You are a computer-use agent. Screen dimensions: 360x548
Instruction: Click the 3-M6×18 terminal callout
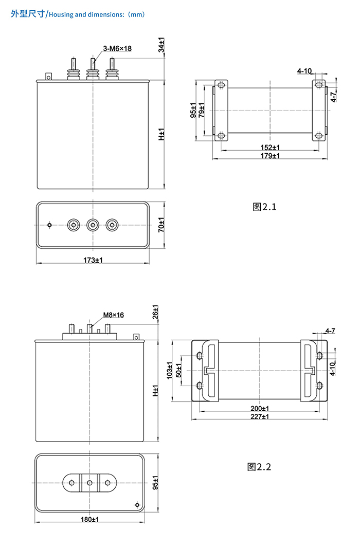117,48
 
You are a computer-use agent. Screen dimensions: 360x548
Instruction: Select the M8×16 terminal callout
114,315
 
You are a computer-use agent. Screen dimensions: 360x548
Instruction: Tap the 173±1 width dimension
93,260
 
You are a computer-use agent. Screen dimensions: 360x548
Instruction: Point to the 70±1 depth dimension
161,225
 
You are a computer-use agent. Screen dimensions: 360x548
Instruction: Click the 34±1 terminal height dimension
161,45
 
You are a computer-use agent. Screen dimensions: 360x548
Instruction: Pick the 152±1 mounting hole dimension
270,148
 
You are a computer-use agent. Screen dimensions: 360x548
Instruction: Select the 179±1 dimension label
270,156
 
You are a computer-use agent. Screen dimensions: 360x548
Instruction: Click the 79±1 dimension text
202,109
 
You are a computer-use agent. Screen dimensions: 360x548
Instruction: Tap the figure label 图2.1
264,207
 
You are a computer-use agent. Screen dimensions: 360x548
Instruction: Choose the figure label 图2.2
259,467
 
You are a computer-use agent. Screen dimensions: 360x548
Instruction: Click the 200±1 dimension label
260,409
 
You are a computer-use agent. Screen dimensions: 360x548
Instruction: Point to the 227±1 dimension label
260,416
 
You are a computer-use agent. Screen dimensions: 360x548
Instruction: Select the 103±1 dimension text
170,370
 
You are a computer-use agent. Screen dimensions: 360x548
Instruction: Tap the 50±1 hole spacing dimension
178,371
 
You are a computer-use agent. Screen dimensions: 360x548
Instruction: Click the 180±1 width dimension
90,519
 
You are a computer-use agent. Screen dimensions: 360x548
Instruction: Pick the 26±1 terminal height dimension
155,312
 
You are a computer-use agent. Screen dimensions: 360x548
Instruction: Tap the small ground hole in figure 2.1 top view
49,225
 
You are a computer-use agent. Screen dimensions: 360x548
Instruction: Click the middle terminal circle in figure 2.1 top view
93,225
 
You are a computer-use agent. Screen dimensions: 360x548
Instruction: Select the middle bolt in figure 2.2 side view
89,328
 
